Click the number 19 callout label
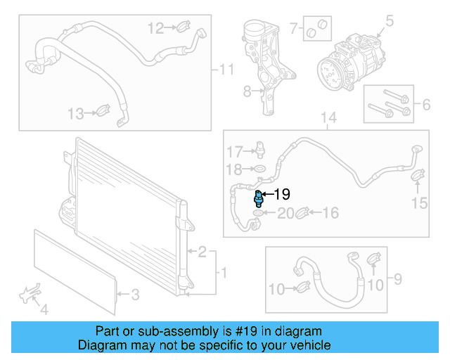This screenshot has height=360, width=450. [x=282, y=195]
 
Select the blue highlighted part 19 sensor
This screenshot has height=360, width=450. [x=259, y=197]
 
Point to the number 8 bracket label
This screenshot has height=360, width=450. [x=247, y=91]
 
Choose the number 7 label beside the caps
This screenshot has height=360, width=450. [x=295, y=29]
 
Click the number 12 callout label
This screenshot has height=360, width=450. [x=155, y=28]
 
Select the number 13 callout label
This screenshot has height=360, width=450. [x=75, y=113]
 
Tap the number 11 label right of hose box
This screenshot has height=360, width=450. [x=226, y=70]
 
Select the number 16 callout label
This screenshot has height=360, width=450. [x=330, y=212]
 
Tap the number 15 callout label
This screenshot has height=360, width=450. [x=419, y=204]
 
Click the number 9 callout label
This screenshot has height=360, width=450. [x=397, y=281]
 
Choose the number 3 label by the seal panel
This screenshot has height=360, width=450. [x=136, y=295]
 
